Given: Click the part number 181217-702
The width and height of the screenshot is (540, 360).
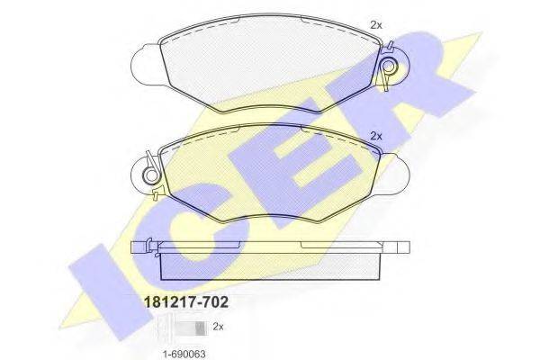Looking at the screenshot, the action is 186,302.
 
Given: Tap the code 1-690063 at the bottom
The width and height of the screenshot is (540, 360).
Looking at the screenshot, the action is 184,354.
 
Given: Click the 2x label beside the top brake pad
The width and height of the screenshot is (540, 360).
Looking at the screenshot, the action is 376,25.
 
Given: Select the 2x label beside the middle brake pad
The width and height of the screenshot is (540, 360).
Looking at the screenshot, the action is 376,136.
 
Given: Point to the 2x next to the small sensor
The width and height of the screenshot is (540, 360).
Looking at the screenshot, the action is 218,326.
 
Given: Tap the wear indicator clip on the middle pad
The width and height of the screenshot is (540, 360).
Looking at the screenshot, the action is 151,175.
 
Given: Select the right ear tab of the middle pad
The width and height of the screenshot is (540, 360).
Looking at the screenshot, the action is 393,175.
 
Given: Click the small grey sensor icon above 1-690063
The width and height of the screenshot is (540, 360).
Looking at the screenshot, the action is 191,328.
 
